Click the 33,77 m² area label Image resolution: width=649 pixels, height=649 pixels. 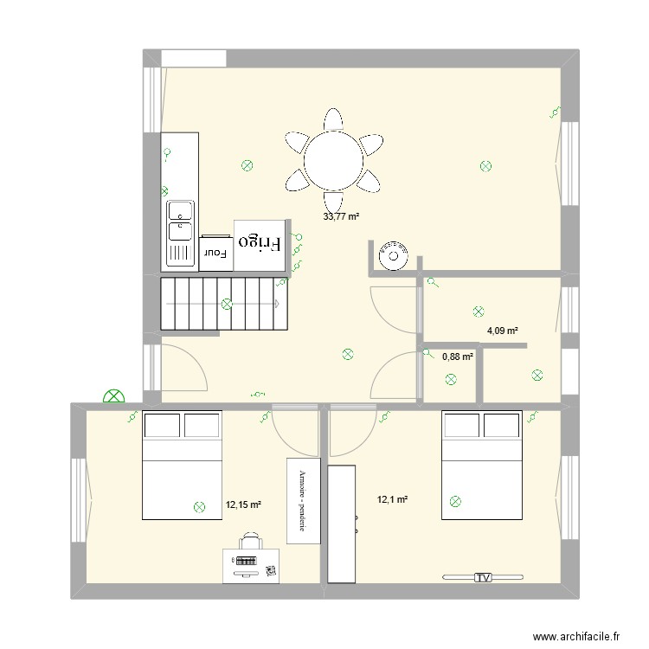[x=341, y=216]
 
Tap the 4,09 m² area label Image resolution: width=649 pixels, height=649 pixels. [x=503, y=331]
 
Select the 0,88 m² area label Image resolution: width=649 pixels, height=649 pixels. [x=458, y=357]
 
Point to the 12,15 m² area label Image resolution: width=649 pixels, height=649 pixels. [x=243, y=504]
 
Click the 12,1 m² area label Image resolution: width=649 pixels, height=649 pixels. [x=392, y=499]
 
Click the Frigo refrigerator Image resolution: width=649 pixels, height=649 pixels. [x=260, y=246]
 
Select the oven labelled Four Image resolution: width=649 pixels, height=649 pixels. [x=215, y=254]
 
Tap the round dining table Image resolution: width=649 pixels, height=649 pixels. [x=334, y=160]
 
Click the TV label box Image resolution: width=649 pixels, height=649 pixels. [x=483, y=577]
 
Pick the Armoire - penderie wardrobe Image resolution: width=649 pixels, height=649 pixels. [x=304, y=501]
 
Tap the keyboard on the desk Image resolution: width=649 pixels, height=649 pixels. [x=246, y=562]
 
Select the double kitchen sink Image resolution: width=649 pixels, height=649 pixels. [x=181, y=233]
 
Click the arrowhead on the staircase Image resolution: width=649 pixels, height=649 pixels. [x=277, y=304]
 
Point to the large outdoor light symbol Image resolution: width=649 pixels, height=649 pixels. [x=114, y=396]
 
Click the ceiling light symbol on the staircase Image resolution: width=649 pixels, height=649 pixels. [x=227, y=305]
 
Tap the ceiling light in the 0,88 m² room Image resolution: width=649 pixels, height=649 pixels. [x=451, y=379]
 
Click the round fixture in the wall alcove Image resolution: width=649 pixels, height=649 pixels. [x=394, y=256]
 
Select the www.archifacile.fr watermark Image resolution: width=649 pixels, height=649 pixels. [x=576, y=636]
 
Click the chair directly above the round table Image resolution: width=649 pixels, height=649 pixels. [x=333, y=119]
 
